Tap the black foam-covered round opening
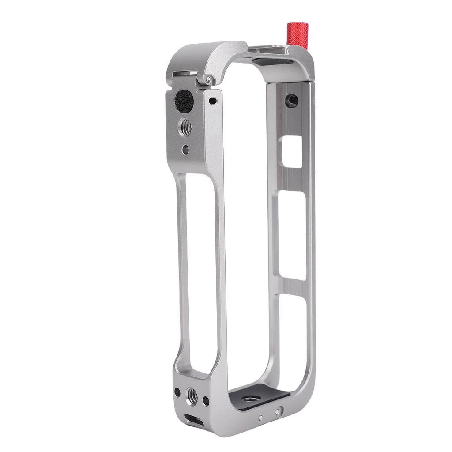coord(185,100)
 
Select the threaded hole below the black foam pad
coord(185,128)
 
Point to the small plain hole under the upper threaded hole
coord(185,150)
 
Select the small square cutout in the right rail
coord(292,151)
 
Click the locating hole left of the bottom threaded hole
coord(177,392)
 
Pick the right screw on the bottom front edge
coord(277,411)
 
